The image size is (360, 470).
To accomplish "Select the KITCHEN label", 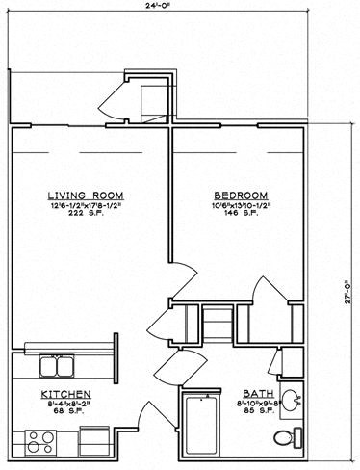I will coord(65,395).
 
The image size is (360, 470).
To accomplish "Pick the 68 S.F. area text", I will coord(65,414).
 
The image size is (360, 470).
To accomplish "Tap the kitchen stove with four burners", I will coord(40,442).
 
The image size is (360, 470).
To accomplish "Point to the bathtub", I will coord(202,425).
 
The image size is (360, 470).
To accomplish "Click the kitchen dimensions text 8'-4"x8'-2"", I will coord(65,405).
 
